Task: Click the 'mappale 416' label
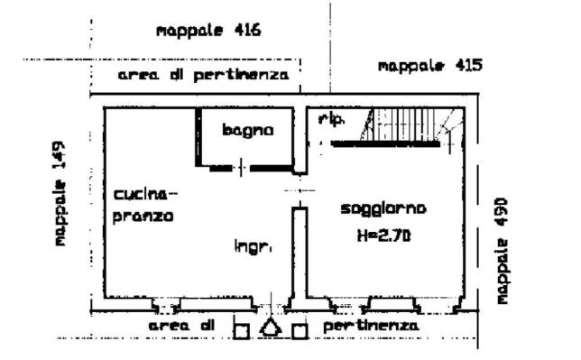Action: [x=208, y=31]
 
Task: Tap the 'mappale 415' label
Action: [x=429, y=66]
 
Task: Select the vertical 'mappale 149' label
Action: [x=60, y=193]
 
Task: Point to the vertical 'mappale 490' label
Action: [x=502, y=252]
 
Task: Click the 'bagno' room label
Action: [x=248, y=131]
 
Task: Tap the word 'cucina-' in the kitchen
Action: [x=145, y=194]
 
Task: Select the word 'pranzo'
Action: [x=143, y=217]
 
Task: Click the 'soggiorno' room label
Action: [x=383, y=209]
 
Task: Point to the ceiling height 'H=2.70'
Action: [x=384, y=235]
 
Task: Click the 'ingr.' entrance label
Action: [x=254, y=246]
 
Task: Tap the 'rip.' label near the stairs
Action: [x=332, y=120]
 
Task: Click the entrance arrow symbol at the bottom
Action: [x=271, y=328]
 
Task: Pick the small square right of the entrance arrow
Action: [x=300, y=331]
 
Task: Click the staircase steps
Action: [x=404, y=125]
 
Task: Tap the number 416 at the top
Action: [x=247, y=30]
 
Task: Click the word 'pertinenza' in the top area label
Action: [x=241, y=76]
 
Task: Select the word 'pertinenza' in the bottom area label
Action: [x=371, y=327]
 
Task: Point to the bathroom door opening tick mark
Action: [x=241, y=168]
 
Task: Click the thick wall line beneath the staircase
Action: [x=385, y=143]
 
